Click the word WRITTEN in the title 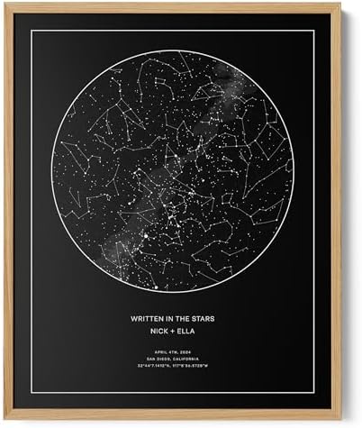click(x=147, y=318)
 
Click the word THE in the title click(x=183, y=318)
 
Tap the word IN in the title click(x=170, y=318)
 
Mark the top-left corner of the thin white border click(x=32, y=30)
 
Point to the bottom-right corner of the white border click(x=313, y=393)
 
